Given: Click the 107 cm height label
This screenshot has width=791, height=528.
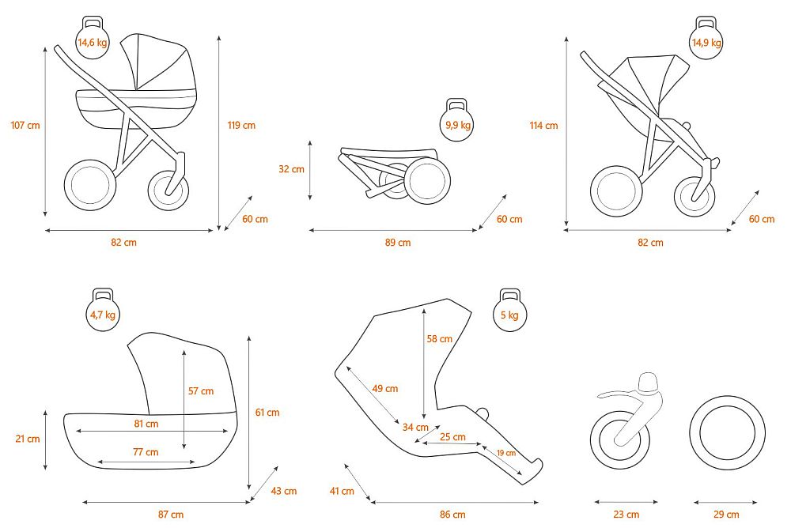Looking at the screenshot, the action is coord(25,125).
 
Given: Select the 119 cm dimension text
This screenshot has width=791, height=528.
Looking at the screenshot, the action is coord(241,125).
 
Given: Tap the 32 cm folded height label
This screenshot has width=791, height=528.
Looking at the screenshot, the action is coord(292,169).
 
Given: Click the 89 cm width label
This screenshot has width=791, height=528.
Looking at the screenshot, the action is coord(398,243).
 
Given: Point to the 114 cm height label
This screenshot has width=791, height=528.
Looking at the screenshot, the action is coord(544,126).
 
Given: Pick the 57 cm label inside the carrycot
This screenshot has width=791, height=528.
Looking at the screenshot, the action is coord(201,390).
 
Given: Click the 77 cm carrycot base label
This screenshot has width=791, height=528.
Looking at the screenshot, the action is coord(146,452).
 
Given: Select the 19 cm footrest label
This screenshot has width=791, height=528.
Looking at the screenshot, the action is coord(506,453).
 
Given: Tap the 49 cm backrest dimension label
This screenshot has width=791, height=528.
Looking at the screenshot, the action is coord(385,389).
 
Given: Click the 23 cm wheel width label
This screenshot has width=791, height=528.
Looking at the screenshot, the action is coord(626,515).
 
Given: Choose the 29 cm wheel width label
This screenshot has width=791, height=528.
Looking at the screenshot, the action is coord(726,515).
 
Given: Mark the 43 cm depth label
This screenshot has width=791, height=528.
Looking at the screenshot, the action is coord(283,491).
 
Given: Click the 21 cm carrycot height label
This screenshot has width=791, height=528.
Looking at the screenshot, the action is coord(27,439).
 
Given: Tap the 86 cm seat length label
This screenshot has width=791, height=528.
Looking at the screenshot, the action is coord(452,515).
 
